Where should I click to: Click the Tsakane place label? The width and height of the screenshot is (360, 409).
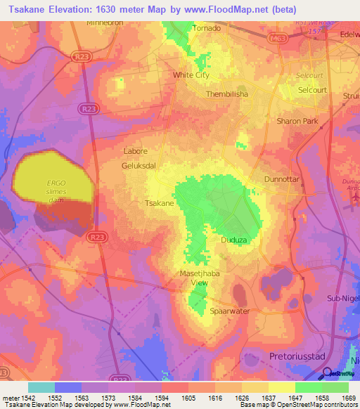pyautogui.click(x=159, y=202)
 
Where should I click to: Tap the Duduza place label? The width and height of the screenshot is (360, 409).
pyautogui.click(x=234, y=240)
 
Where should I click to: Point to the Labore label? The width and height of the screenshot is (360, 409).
pyautogui.click(x=135, y=151)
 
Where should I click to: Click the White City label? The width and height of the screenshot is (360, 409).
pyautogui.click(x=191, y=74)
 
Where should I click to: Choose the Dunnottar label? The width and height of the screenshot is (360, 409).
pyautogui.click(x=282, y=179)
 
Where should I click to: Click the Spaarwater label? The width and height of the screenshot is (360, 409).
pyautogui.click(x=230, y=310)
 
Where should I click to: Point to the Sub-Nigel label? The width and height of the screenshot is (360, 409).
pyautogui.click(x=342, y=299)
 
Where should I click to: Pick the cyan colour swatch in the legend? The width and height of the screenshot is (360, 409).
pyautogui.click(x=41, y=387)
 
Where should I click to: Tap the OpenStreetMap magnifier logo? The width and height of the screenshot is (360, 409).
pyautogui.click(x=326, y=372)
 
